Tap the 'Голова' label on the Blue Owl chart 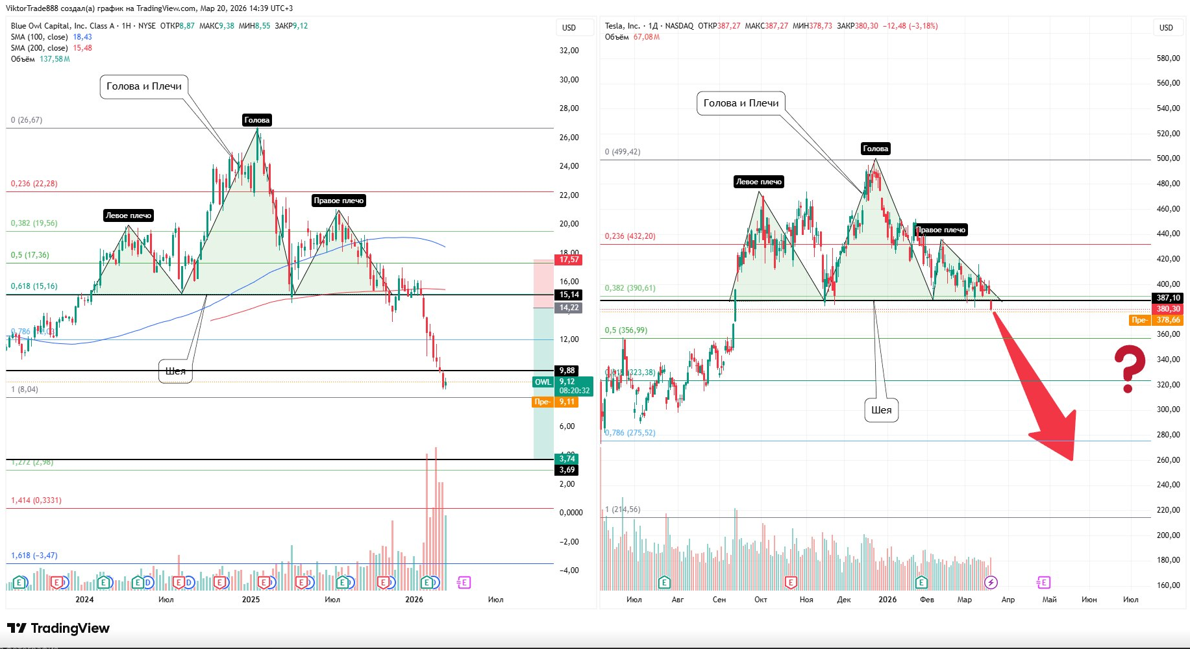tap(256, 120)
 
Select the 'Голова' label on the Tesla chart tap(875, 149)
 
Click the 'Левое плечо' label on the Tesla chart tap(758, 182)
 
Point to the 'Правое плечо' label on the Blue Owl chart tap(338, 201)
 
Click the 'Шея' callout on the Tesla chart tap(881, 410)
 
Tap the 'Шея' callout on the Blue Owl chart tap(175, 371)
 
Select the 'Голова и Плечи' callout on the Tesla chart tap(741, 103)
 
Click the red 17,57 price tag tap(569, 260)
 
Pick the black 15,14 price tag tap(569, 295)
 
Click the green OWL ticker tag tap(543, 382)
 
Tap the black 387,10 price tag tap(1168, 298)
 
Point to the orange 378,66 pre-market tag tap(1167, 320)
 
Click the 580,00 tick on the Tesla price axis tap(1168, 58)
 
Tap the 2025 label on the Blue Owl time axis tap(251, 600)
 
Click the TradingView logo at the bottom tap(58, 628)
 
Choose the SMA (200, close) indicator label tap(40, 48)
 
